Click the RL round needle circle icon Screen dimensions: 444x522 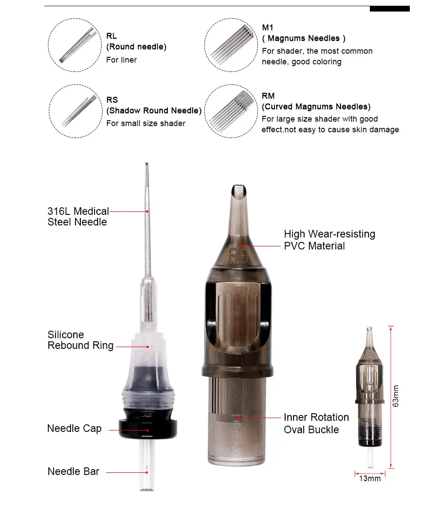(x=75, y=45)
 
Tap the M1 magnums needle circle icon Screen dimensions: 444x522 (x=231, y=45)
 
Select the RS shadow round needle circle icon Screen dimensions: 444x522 (x=75, y=111)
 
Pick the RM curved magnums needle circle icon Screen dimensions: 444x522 (x=231, y=111)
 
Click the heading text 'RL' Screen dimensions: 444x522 (x=111, y=36)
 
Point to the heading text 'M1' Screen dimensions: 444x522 (x=267, y=28)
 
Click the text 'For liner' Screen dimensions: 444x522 (x=122, y=60)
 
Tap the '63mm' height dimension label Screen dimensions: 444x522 (x=395, y=396)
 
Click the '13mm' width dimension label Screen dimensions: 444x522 (x=370, y=478)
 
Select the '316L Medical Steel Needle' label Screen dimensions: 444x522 (x=78, y=217)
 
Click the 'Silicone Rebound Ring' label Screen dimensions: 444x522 (x=81, y=340)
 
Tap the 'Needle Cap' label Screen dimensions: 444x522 (x=74, y=428)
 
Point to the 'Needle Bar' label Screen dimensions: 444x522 (x=73, y=471)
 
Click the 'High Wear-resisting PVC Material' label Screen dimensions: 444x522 (x=329, y=240)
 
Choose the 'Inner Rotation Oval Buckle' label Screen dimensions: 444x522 (x=316, y=423)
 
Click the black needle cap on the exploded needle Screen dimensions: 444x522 (x=148, y=424)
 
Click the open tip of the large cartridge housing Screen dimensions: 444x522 (x=239, y=191)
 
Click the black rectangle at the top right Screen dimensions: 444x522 (x=390, y=9)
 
